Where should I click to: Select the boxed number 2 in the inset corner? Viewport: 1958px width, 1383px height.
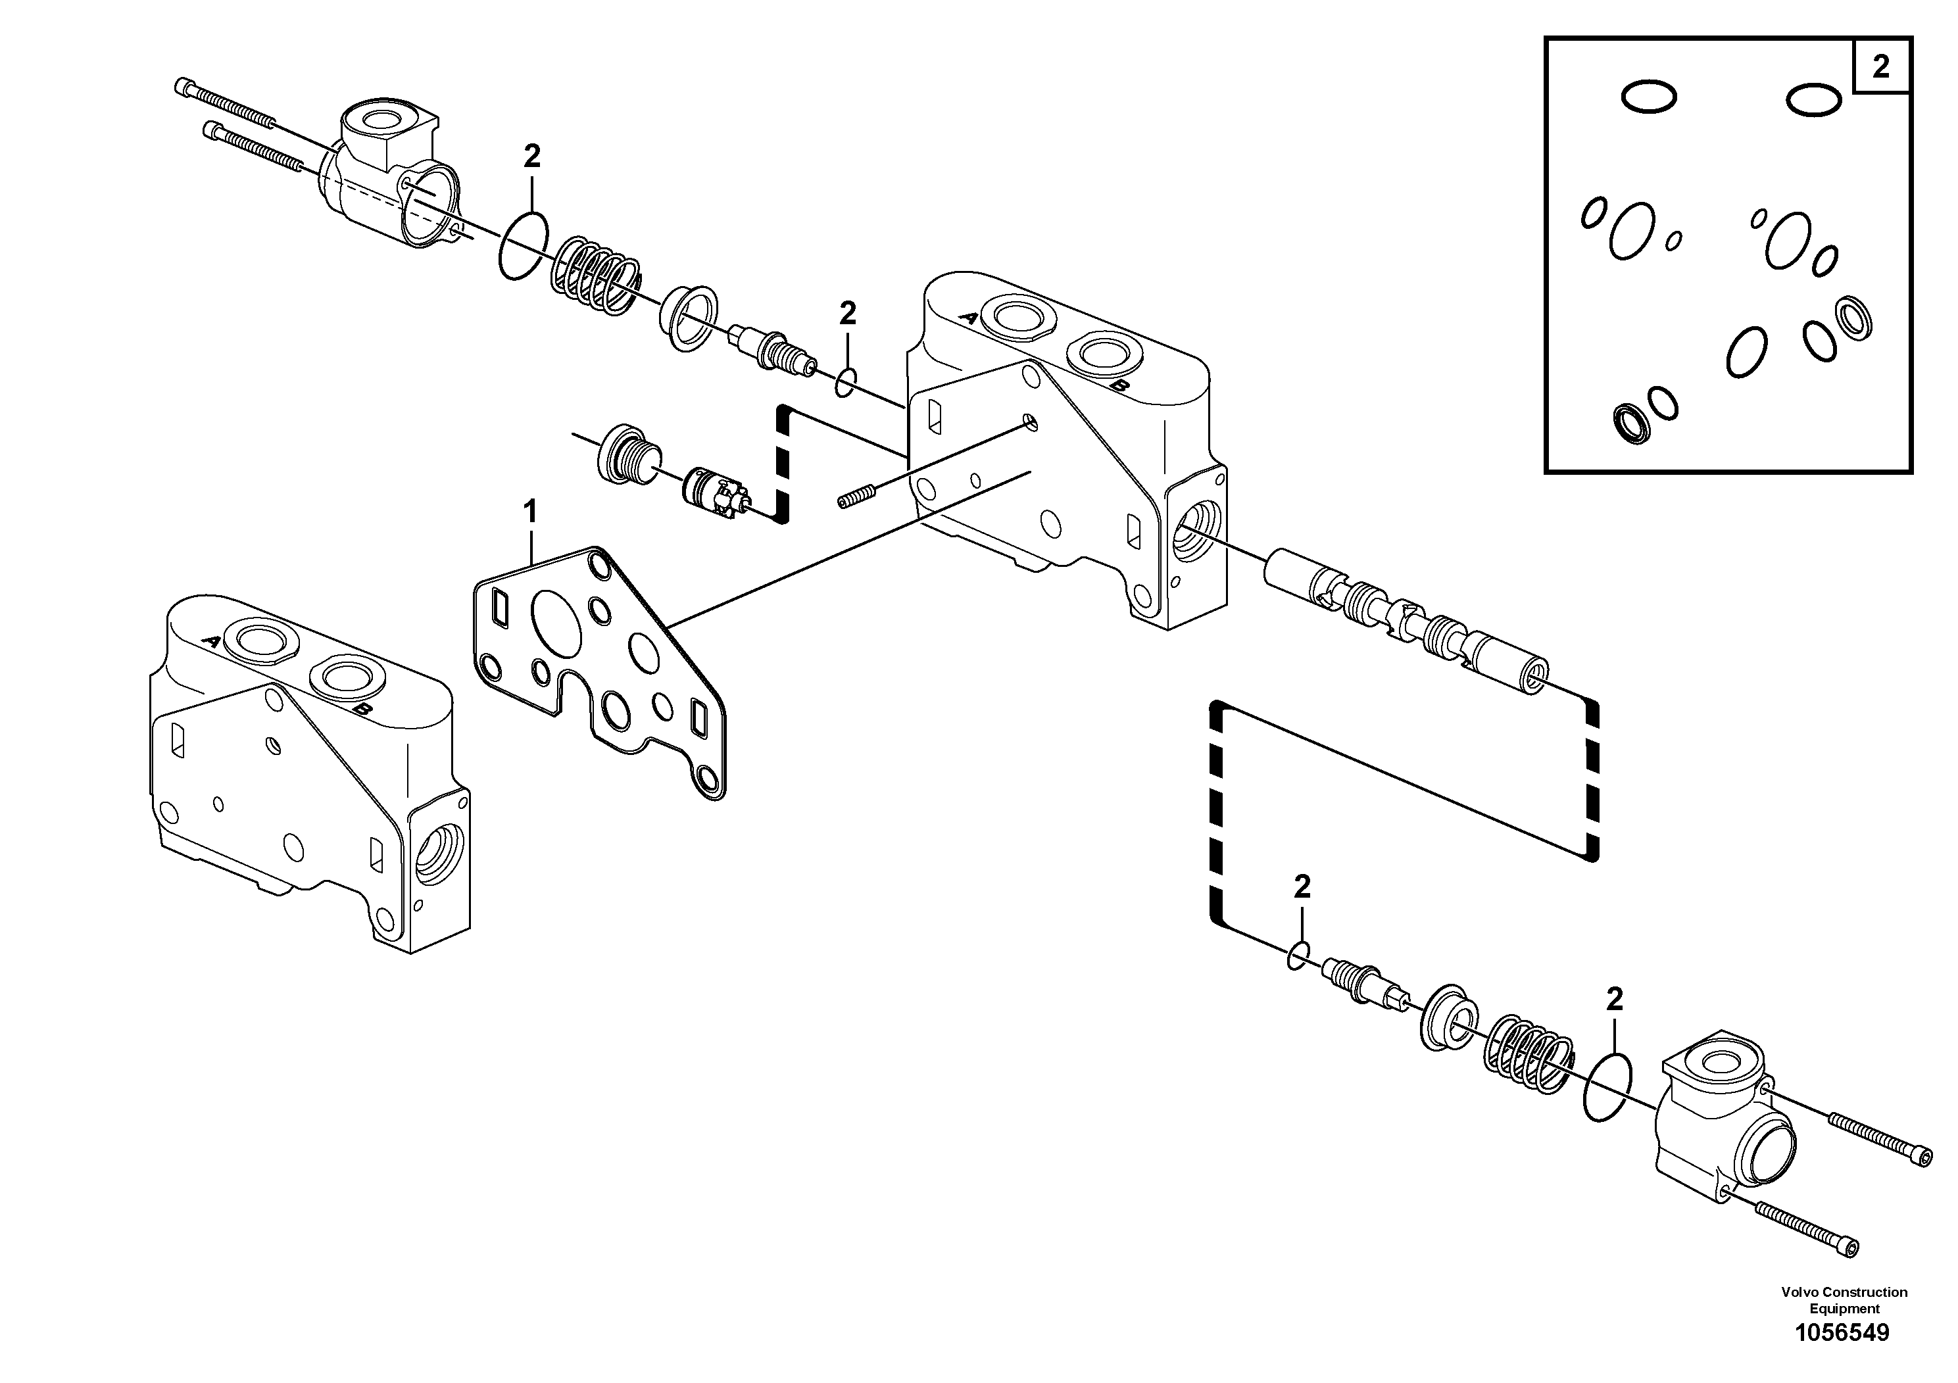pyautogui.click(x=1880, y=66)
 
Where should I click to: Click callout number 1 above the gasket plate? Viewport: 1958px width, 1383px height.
pyautogui.click(x=529, y=512)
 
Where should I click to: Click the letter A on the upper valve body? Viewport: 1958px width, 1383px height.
pyautogui.click(x=969, y=317)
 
